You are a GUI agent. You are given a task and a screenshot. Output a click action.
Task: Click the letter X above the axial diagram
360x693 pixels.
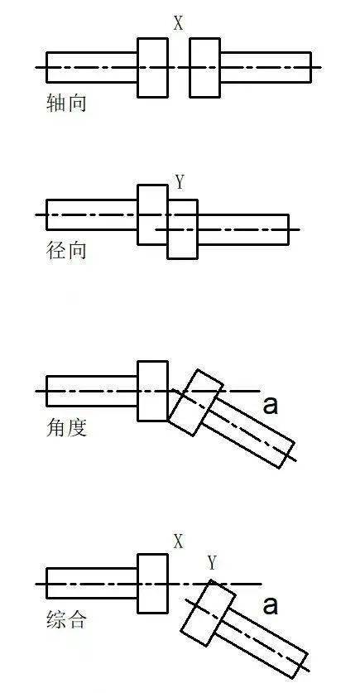pos(178,23)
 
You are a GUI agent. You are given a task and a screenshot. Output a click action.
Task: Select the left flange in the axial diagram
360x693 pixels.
pos(153,67)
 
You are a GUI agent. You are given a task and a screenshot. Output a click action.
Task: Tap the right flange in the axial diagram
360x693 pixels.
pos(204,67)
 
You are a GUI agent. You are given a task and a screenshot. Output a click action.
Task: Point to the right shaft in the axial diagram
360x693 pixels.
pos(265,67)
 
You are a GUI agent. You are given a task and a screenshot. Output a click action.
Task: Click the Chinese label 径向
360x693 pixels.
pos(66,250)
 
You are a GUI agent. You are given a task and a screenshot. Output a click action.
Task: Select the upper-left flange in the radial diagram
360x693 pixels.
pos(151,214)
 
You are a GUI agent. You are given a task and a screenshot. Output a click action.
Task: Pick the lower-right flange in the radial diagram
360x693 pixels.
pos(183,229)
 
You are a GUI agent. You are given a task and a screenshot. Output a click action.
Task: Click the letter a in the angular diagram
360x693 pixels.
pos(269,405)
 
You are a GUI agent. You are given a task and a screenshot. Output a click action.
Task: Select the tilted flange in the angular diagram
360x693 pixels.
pos(196,402)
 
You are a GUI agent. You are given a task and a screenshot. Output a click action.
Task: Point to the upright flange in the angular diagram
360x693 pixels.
pos(152,391)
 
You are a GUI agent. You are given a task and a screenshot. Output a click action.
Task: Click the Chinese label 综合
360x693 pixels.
pos(66,619)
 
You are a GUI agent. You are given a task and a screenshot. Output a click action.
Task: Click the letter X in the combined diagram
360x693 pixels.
pos(178,541)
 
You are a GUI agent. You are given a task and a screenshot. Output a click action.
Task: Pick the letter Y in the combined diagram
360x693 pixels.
pos(212,563)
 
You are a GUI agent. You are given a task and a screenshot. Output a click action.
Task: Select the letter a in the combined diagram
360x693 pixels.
pos(270,605)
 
